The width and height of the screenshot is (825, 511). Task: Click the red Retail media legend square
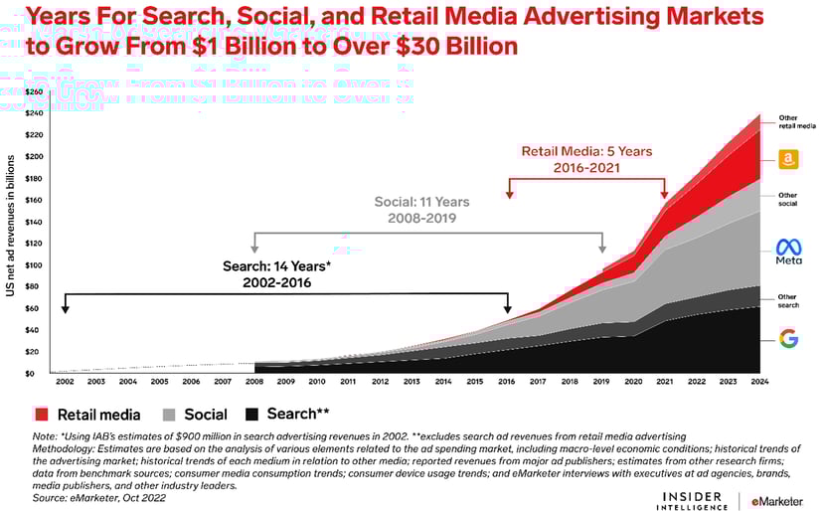coord(41,414)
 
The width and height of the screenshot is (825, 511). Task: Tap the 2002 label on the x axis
coord(66,382)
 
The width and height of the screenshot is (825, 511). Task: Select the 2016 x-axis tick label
coord(508,382)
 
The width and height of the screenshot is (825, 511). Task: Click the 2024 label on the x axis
coord(760,382)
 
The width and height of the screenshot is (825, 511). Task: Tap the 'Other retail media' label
coord(796,122)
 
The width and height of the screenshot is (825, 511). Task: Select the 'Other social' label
coord(788,199)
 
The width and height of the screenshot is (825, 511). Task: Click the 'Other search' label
coord(788,300)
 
